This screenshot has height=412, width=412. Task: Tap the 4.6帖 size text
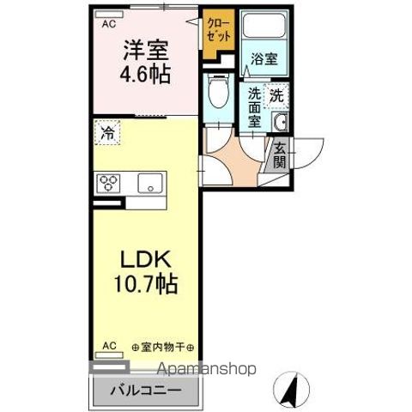pyautogui.click(x=145, y=73)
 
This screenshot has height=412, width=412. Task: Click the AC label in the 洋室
pyautogui.click(x=109, y=24)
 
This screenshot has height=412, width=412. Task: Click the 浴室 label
pyautogui.click(x=263, y=58)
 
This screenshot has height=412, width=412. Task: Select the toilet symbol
pyautogui.click(x=220, y=91)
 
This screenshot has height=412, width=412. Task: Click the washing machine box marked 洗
pyautogui.click(x=276, y=95)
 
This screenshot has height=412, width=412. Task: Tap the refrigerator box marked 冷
pyautogui.click(x=108, y=134)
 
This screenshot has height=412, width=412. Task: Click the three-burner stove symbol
pyautogui.click(x=112, y=183)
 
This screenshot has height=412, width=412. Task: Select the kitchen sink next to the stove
pyautogui.click(x=150, y=183)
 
